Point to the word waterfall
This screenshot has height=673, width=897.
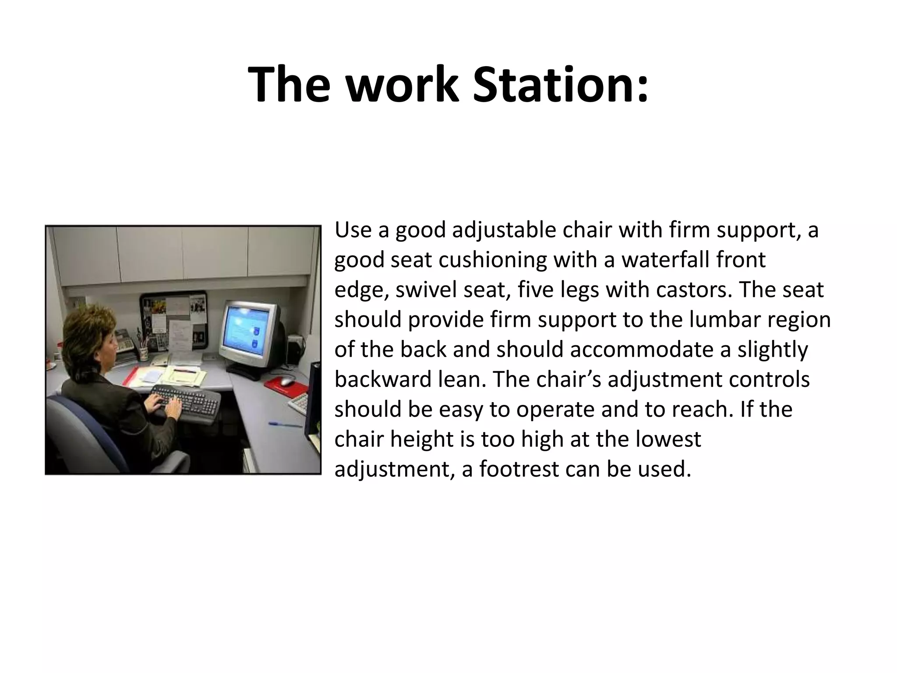665,260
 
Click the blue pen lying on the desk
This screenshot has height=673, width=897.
285,424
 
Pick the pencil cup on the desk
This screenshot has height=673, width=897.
143,352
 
